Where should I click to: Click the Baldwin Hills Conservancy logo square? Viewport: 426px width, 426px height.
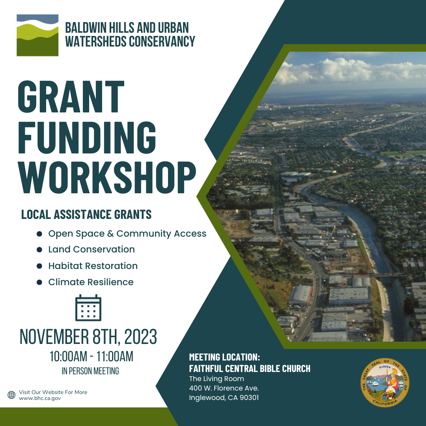coord(37,35)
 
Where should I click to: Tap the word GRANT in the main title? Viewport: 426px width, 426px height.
coord(71,97)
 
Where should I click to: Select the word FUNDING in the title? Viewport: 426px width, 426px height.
coord(87,138)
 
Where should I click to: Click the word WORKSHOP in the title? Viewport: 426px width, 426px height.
coord(107,177)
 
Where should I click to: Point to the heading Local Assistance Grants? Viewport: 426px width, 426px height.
coord(86,214)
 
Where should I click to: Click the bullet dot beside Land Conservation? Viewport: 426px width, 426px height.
coord(39,250)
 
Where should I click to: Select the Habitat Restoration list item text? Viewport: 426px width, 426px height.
coord(93,266)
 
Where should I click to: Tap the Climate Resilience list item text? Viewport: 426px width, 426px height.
coord(91,282)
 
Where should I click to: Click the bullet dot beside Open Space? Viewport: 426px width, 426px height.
coord(39,234)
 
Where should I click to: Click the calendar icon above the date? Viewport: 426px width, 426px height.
coord(88,308)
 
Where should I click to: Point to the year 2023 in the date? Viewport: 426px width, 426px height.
coord(140,336)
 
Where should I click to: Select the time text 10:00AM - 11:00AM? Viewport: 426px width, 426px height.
coord(92,357)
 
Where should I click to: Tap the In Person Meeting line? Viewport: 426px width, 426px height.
coord(90,371)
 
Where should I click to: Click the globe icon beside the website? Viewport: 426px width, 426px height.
coord(11,395)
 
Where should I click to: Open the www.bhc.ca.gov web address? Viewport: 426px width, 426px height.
coord(40,398)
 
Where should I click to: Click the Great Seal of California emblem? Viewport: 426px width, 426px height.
coord(385,383)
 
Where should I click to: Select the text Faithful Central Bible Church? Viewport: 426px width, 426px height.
coord(250,369)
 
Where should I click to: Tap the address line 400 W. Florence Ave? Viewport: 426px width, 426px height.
coord(224,388)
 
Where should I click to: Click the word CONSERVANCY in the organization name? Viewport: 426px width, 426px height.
coord(162,41)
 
